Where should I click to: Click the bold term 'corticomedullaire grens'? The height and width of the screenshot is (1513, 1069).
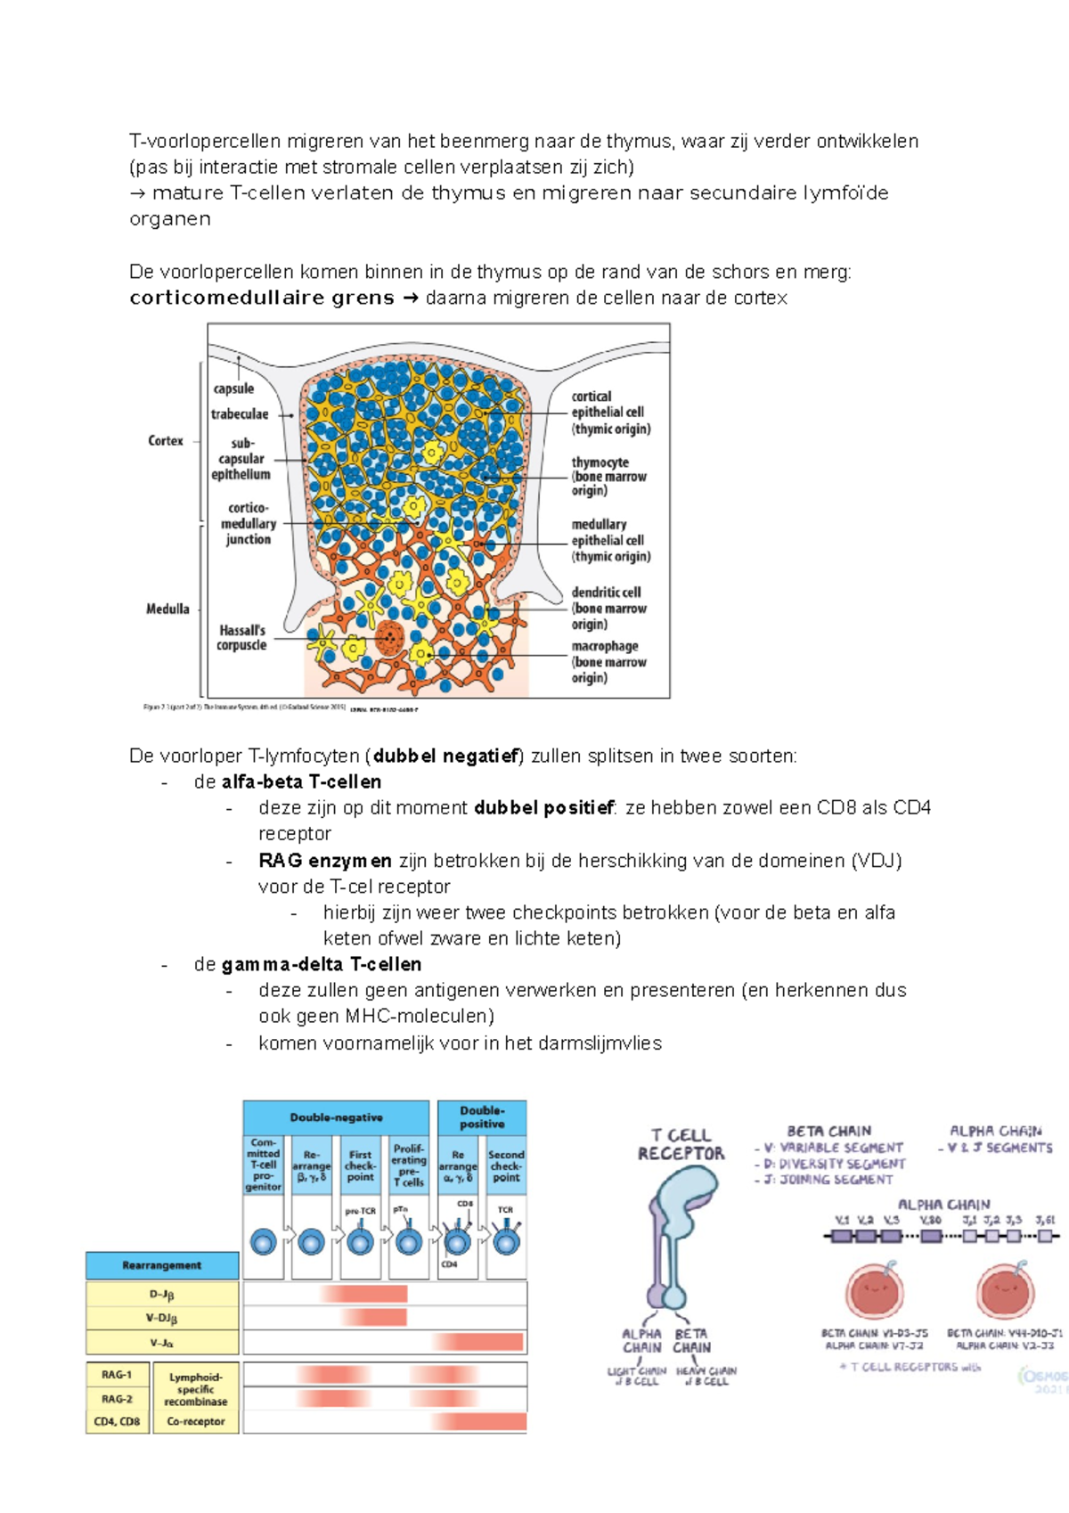click(262, 299)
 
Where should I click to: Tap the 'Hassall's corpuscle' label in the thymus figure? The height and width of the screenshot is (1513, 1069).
click(241, 637)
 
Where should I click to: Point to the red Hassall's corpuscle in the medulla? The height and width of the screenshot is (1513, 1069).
click(389, 638)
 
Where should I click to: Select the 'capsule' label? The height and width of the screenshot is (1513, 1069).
click(233, 388)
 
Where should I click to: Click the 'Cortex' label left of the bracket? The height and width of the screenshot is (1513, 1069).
click(166, 441)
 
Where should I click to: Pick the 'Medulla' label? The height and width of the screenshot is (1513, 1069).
click(167, 609)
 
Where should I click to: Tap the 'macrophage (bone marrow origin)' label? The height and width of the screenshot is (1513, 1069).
click(609, 661)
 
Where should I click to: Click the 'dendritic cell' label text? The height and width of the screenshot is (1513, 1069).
click(607, 593)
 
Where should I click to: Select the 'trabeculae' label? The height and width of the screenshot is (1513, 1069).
click(240, 414)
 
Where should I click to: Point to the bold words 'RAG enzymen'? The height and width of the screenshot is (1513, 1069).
click(325, 861)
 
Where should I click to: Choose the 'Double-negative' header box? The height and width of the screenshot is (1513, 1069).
click(336, 1117)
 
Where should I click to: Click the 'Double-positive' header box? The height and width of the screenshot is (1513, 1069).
click(482, 1117)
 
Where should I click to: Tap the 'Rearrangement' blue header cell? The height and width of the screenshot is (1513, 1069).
click(162, 1265)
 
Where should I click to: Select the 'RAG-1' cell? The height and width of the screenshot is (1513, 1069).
click(117, 1375)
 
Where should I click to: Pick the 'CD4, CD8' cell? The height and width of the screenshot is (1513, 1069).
click(117, 1421)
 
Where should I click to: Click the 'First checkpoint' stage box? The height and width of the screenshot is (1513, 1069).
click(360, 1165)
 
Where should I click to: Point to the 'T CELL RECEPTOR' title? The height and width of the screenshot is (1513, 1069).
click(681, 1144)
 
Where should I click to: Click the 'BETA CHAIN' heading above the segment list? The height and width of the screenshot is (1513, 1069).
click(828, 1131)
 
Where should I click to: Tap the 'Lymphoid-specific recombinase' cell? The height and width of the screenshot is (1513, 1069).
click(196, 1389)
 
